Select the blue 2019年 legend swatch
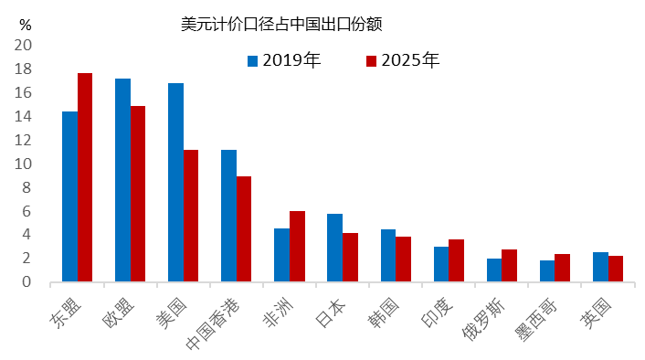point(252,62)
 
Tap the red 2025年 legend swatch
point(371,62)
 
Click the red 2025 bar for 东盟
point(85,177)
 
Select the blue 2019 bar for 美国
point(175,182)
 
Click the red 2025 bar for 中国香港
point(244,228)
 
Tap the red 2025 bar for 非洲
point(297,246)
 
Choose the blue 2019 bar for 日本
point(334,248)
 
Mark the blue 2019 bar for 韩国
point(387,255)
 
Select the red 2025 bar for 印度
point(456,260)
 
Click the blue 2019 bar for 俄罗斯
point(493,270)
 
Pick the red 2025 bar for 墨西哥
point(562,268)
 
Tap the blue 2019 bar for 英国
point(599,267)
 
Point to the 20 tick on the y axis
point(23,46)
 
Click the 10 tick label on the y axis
point(23,164)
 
